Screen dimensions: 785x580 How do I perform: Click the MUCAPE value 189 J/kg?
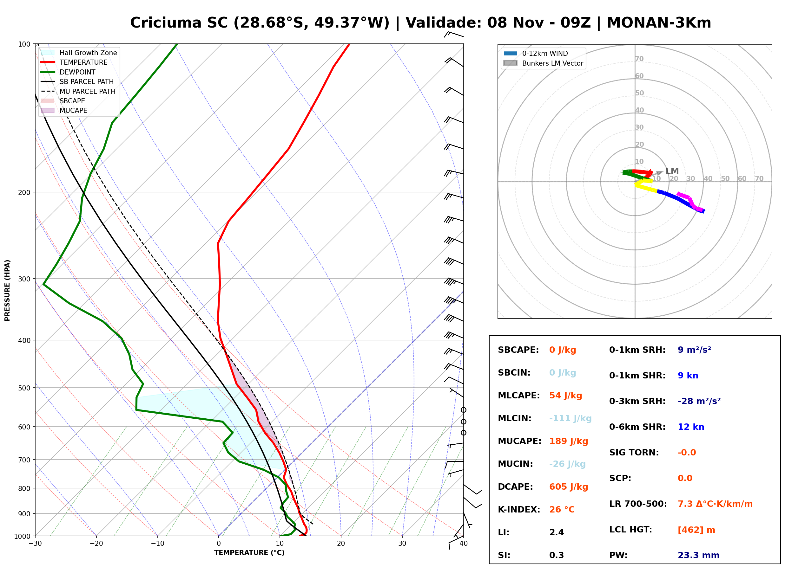(569, 441)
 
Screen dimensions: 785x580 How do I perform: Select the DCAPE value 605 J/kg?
(569, 487)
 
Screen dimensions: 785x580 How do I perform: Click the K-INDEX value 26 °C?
(562, 509)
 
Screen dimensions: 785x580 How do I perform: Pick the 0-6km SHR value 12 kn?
(691, 427)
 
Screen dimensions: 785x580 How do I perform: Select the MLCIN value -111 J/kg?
(570, 418)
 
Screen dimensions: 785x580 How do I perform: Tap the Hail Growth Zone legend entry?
(79, 53)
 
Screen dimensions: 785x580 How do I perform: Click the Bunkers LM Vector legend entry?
(544, 63)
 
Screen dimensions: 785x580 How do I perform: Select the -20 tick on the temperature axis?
(96, 543)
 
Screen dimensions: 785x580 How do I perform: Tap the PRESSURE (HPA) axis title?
(7, 290)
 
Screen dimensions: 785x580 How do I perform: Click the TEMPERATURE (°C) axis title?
(249, 553)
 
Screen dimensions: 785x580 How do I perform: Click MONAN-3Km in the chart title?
(659, 23)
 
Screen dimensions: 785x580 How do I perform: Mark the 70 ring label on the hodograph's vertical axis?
(639, 59)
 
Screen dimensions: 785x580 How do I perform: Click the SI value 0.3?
(557, 555)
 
